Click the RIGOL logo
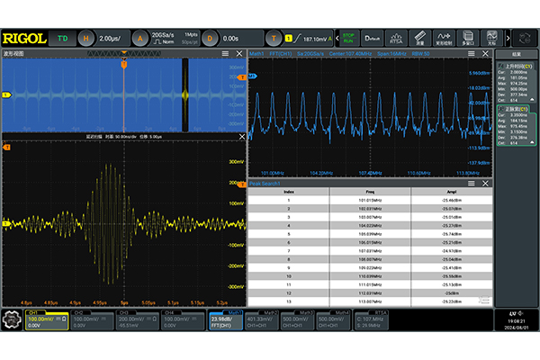tap(25, 38)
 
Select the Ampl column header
tap(451, 191)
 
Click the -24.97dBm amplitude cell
tap(451, 250)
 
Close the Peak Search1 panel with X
tap(488, 182)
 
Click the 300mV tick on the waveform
tap(237, 163)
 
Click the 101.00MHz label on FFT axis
tap(272, 171)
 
